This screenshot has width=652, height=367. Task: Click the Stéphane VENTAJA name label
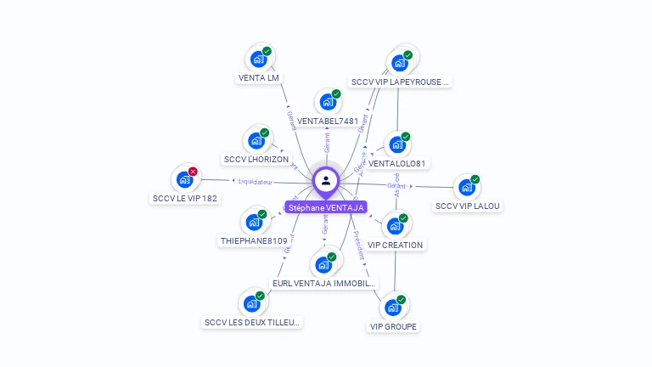point(326,207)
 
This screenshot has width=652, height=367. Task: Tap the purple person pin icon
point(326,180)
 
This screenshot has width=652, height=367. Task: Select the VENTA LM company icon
point(257,59)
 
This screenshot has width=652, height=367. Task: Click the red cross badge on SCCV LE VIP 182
point(193,172)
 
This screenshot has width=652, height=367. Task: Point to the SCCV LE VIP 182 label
point(185,199)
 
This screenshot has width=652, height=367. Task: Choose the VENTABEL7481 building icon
point(327,102)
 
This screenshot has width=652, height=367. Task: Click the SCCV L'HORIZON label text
point(256,160)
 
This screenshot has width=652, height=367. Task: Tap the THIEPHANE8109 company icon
point(253,223)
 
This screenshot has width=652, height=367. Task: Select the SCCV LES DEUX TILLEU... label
point(253,323)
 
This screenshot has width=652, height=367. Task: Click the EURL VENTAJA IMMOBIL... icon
point(323,265)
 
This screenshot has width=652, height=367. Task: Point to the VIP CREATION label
point(395,246)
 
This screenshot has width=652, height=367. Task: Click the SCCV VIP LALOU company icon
point(466,188)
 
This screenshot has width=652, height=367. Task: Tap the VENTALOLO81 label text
point(396,163)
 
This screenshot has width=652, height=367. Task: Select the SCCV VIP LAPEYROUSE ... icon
point(398,64)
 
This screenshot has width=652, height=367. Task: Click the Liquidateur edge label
point(256,181)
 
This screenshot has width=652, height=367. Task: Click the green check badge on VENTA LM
point(267,52)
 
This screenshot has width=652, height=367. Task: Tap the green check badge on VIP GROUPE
point(402,299)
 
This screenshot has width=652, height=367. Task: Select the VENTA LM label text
point(258,78)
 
